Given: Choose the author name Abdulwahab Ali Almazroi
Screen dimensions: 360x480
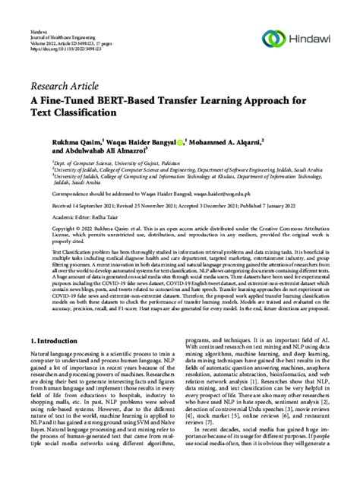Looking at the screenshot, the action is (95, 152).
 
